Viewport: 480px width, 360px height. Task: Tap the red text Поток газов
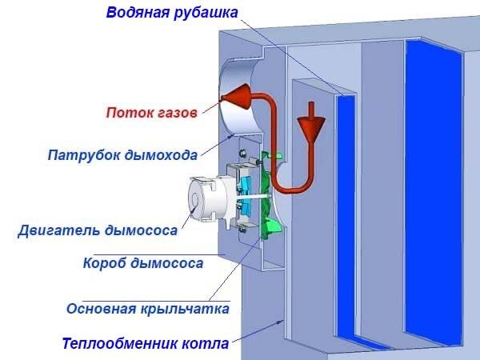150,113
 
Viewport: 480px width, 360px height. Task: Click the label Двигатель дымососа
97,231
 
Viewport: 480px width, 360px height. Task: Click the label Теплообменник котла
145,344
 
